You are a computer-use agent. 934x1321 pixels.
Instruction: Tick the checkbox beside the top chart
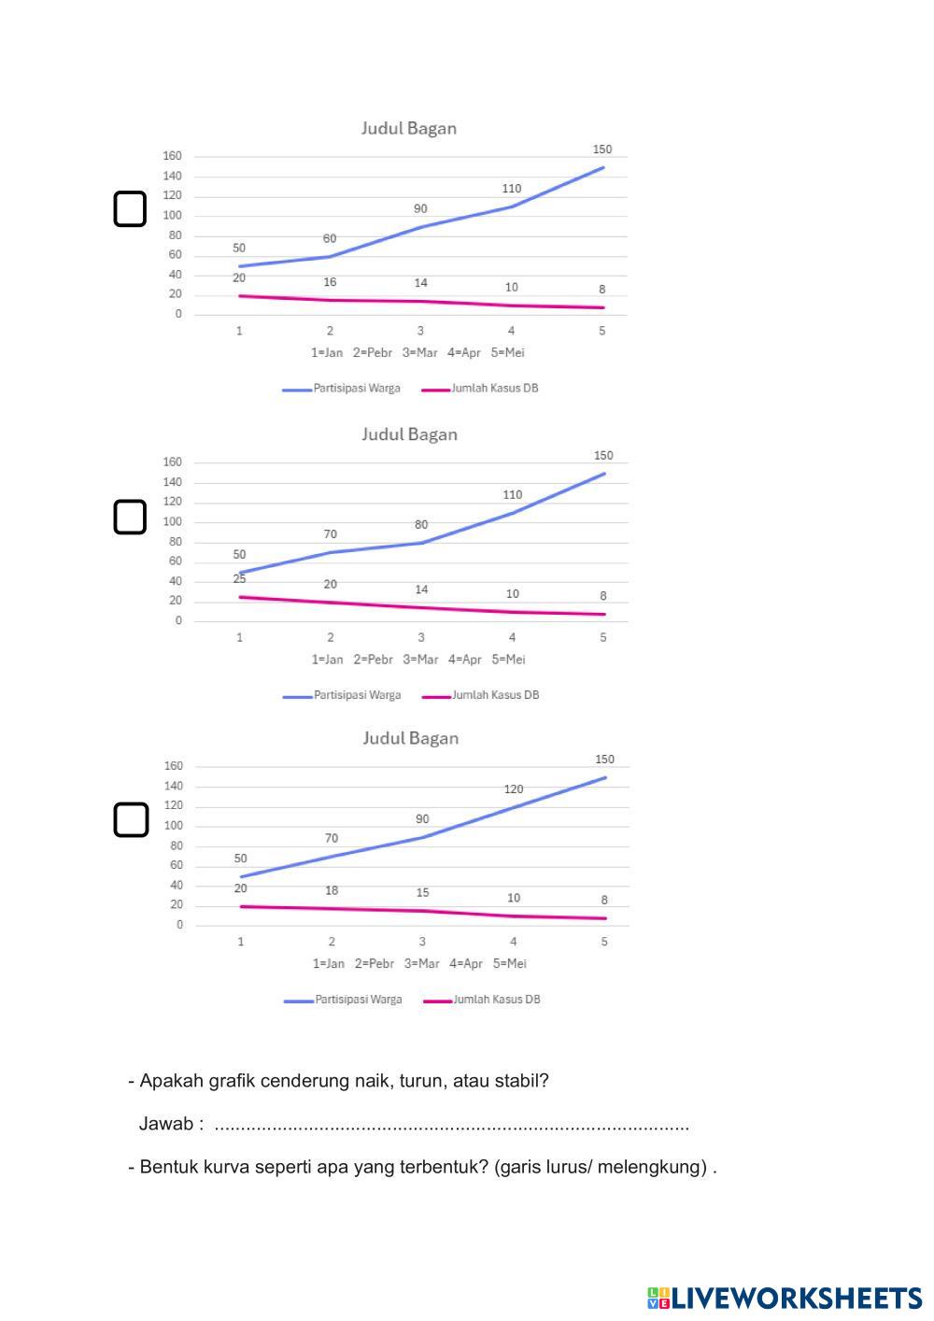[x=130, y=209]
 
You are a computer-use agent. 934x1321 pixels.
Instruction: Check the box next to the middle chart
[x=130, y=517]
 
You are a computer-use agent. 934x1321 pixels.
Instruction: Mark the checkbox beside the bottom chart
[x=131, y=819]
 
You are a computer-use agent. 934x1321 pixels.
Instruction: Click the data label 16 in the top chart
[x=330, y=282]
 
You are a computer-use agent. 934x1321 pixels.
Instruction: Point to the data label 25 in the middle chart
[x=239, y=579]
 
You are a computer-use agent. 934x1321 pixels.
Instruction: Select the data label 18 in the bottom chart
[x=332, y=891]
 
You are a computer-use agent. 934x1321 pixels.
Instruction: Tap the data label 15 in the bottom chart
[x=422, y=893]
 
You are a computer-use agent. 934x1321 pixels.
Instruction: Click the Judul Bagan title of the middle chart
[x=409, y=434]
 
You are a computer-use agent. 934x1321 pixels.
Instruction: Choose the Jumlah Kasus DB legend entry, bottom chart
[x=496, y=1000]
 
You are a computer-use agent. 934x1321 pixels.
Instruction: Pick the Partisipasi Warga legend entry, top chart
[x=356, y=389]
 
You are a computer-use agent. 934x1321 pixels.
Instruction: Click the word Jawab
[x=166, y=1124]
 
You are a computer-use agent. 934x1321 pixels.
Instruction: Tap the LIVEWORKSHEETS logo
[x=784, y=1298]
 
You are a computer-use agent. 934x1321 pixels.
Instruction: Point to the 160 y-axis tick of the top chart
[x=174, y=156]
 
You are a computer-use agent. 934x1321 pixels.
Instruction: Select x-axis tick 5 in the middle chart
[x=603, y=637]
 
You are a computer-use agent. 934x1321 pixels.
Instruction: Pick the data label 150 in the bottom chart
[x=604, y=760]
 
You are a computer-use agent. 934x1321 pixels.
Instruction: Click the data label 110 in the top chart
[x=512, y=189]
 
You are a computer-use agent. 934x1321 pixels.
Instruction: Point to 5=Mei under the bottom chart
[x=510, y=963]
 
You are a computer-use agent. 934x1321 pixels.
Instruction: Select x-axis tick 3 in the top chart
[x=420, y=331]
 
